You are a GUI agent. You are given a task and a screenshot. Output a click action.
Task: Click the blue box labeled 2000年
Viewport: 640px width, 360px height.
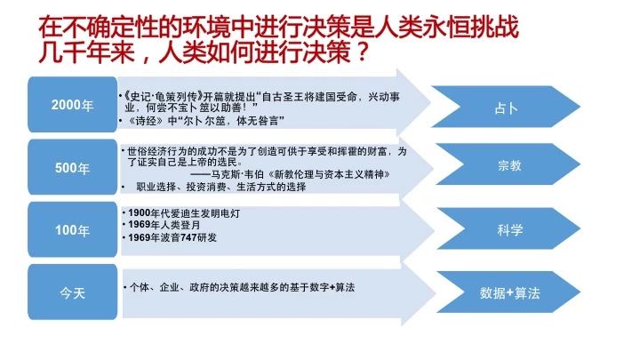coord(73,105)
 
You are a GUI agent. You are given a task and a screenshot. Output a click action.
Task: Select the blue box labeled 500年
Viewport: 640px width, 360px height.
coord(73,167)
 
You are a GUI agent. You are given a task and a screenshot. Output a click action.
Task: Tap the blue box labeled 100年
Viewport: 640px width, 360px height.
coord(73,229)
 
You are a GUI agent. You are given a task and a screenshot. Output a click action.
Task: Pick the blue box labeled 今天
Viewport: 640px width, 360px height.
coord(73,292)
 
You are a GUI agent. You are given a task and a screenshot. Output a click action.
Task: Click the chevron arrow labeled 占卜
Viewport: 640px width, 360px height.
coord(506,107)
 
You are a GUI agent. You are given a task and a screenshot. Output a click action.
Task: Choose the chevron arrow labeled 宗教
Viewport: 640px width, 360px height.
coord(508,164)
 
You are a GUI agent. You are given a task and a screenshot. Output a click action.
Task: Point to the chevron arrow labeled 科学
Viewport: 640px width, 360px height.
coord(508,228)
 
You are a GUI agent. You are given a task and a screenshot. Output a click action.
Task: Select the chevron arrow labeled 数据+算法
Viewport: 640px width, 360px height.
coord(508,292)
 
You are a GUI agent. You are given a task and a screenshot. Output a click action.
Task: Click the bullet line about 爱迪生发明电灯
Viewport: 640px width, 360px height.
coord(181,213)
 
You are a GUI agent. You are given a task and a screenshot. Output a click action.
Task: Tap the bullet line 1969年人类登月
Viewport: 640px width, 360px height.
coord(162,225)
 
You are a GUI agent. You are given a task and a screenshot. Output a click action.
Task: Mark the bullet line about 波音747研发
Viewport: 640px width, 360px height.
coord(170,237)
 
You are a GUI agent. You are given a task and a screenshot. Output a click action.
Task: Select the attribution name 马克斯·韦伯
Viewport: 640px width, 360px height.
coord(237,175)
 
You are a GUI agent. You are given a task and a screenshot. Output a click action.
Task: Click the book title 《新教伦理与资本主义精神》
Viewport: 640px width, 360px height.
coord(329,175)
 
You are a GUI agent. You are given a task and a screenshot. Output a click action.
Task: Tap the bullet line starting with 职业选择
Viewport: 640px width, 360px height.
coord(221,187)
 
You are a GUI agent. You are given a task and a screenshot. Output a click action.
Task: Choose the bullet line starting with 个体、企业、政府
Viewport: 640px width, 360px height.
coord(239,287)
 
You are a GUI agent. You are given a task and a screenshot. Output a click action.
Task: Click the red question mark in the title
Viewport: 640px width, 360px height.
coord(361,52)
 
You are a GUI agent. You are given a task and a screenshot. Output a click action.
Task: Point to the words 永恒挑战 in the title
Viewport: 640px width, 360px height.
coord(469,27)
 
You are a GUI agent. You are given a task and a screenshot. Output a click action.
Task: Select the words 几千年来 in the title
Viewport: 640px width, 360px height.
coord(86,52)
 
